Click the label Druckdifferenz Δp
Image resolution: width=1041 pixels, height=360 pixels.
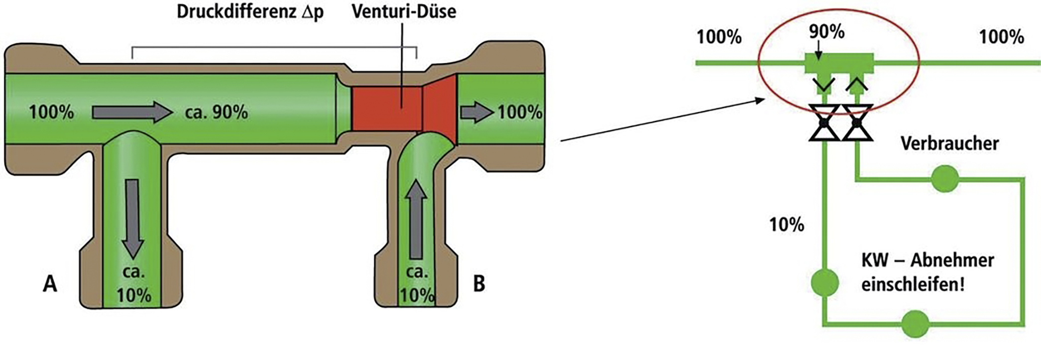[x=250, y=12]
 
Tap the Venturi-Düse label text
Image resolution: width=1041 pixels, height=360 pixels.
[x=404, y=11]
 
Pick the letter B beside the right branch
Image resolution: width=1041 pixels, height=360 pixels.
[x=478, y=284]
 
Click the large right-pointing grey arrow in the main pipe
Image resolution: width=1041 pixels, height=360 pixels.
[x=132, y=112]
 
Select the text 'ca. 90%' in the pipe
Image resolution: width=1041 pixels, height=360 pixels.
[x=217, y=112]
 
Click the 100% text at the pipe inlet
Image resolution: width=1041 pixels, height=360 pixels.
[x=51, y=112]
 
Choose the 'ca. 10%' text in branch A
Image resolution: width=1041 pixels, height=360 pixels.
[x=134, y=284]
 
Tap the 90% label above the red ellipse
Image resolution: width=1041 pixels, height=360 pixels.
[x=826, y=32]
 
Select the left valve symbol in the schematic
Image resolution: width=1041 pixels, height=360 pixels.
[x=824, y=122]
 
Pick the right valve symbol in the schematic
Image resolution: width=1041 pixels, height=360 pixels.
[x=857, y=122]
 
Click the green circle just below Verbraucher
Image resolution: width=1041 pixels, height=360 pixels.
[x=944, y=179]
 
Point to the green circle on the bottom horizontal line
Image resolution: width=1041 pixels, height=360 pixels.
[x=915, y=324]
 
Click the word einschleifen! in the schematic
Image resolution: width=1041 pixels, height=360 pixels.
[x=913, y=285]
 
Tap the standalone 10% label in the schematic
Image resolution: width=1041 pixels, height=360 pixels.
[x=787, y=225]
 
